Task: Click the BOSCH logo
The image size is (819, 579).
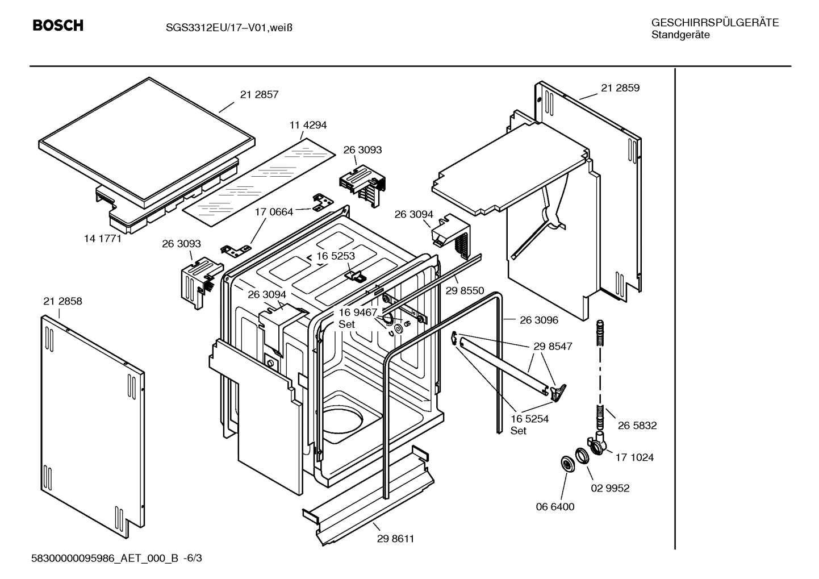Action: pos(58,26)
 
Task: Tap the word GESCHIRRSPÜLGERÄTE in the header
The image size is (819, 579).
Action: pos(714,23)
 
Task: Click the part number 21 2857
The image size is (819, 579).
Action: pos(259,95)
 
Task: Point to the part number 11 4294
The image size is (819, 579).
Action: pos(308,125)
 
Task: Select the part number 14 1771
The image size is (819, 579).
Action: pos(103,239)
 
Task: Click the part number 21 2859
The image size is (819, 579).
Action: pos(620,88)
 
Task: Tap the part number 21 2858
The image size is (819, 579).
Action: pos(62,301)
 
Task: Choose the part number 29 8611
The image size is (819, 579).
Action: pos(395,539)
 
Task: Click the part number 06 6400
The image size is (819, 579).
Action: pos(555,507)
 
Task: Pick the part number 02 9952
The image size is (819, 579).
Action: pos(611,488)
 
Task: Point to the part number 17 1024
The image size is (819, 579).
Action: pos(634,457)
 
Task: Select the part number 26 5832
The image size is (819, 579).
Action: pos(637,426)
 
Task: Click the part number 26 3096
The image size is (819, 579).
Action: pos(539,320)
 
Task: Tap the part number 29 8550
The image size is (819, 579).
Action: pos(465,291)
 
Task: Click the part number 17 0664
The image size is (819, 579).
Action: pos(274,212)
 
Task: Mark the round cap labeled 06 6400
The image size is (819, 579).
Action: pos(567,464)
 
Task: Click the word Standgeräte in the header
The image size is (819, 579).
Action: pos(680,35)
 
